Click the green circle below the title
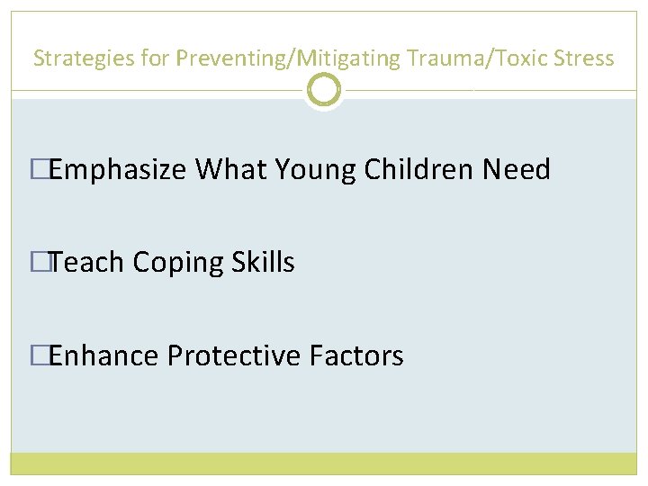[x=324, y=90]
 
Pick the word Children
[x=418, y=169]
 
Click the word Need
[x=517, y=169]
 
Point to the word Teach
[x=87, y=262]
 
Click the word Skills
[x=264, y=262]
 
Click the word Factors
[x=356, y=355]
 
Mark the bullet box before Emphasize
[x=38, y=169]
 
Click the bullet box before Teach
[x=38, y=262]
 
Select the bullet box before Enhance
[x=38, y=355]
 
